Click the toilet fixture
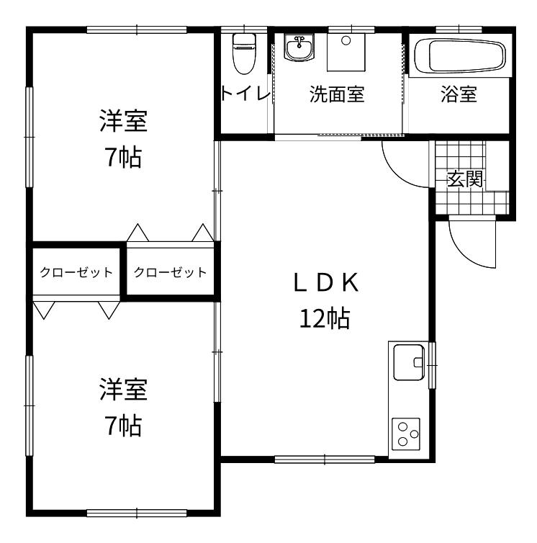(x=244, y=53)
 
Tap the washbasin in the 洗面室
(x=299, y=48)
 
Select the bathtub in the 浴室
(x=460, y=55)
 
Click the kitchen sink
(x=409, y=362)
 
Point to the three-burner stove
(x=406, y=434)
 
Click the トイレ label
(x=245, y=93)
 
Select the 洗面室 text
(x=337, y=94)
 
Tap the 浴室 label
(x=459, y=94)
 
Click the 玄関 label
(x=464, y=179)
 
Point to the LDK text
(x=326, y=282)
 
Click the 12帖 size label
(x=325, y=318)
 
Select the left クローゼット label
(x=76, y=272)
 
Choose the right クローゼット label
(x=170, y=272)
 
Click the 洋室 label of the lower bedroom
(x=124, y=389)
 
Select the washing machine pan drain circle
(x=346, y=40)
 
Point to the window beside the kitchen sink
(x=432, y=365)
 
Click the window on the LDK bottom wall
(x=325, y=459)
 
